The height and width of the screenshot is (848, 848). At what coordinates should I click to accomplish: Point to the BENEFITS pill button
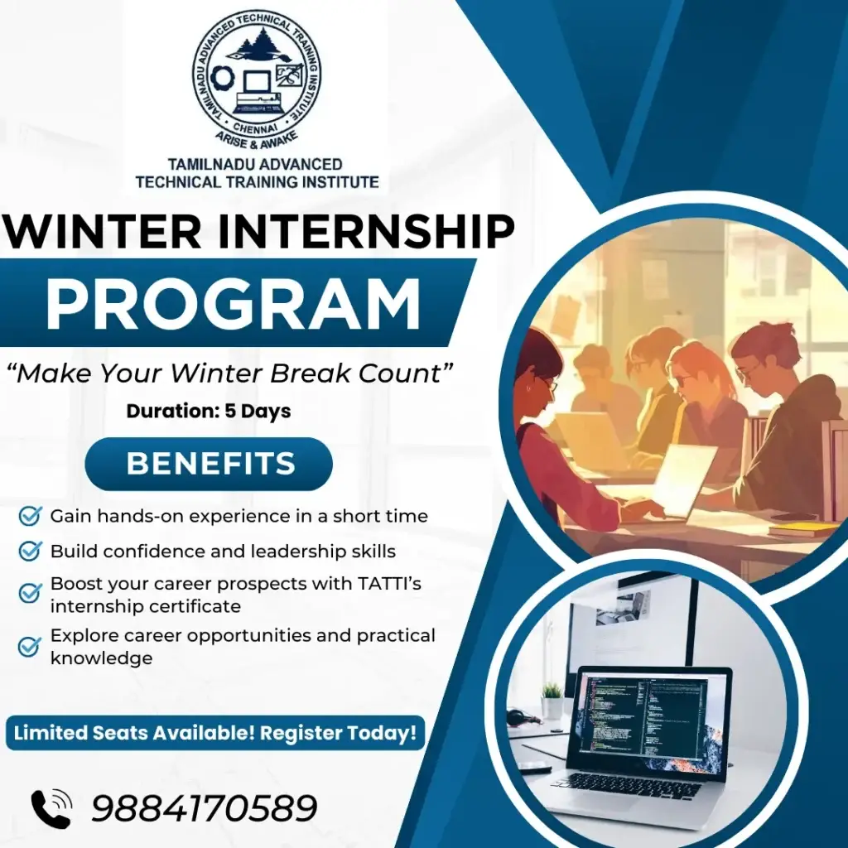coord(210,464)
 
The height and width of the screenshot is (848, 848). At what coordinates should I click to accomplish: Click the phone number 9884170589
coord(205,808)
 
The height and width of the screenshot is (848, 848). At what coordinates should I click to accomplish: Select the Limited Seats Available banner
coord(214,733)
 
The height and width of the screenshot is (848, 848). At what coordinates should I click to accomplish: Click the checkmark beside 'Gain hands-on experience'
coord(30,517)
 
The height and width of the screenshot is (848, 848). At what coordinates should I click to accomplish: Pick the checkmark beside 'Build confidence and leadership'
coord(30,551)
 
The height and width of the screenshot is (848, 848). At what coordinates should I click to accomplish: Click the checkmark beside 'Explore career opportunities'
coord(30,646)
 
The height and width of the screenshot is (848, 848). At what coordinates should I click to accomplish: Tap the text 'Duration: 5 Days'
coord(208,411)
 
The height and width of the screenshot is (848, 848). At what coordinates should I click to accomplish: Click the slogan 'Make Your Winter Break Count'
coord(234,373)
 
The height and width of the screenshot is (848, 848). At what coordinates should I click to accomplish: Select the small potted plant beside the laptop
coord(552,701)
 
